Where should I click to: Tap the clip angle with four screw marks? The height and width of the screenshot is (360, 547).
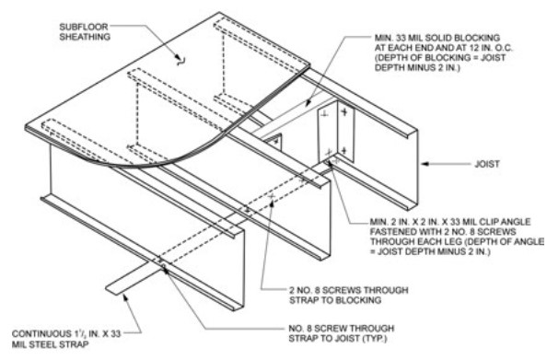(332, 130)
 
